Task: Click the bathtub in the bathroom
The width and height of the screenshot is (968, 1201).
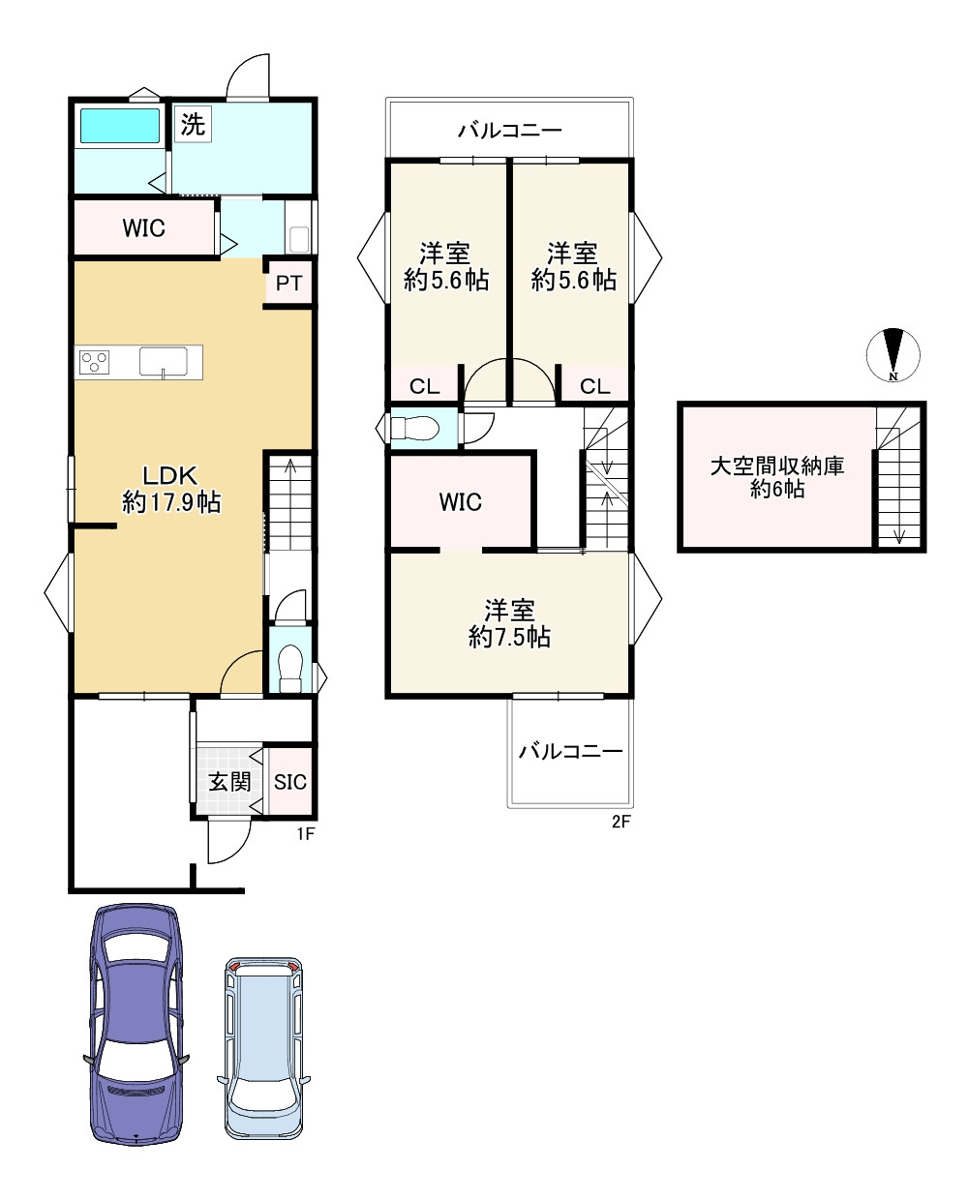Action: (120, 126)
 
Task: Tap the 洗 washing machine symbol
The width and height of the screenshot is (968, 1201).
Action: (194, 124)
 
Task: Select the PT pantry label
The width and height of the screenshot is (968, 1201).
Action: (288, 284)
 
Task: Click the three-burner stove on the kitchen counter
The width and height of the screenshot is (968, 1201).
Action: (94, 362)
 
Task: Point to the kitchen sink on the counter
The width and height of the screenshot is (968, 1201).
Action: (163, 362)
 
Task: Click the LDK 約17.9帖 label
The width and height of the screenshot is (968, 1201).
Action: (171, 490)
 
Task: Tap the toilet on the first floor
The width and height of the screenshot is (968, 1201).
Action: (290, 668)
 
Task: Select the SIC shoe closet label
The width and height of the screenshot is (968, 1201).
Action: (290, 782)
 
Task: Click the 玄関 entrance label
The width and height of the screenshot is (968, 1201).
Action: (229, 781)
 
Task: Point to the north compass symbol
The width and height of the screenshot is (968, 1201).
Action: (893, 355)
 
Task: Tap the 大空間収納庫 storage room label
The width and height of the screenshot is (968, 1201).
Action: (777, 466)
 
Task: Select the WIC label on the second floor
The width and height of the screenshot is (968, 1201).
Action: (461, 502)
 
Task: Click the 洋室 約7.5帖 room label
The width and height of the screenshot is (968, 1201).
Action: (509, 624)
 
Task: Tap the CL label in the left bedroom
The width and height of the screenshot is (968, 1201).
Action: (425, 386)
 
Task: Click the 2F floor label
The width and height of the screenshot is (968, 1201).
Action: (620, 822)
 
